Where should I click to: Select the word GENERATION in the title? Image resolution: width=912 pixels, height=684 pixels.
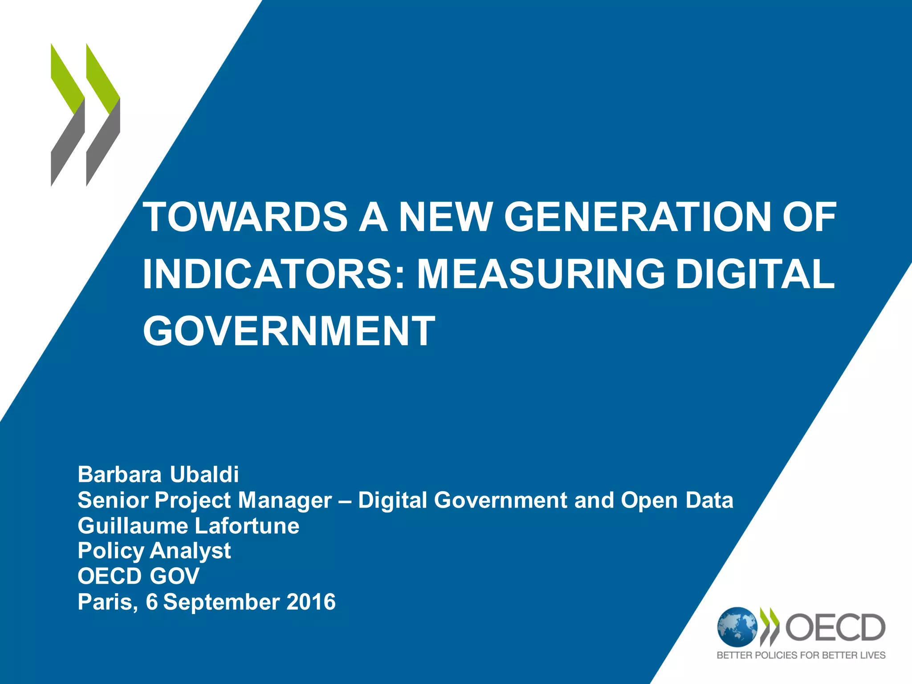pyautogui.click(x=636, y=217)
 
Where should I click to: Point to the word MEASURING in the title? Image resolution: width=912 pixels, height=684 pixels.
pyautogui.click(x=541, y=274)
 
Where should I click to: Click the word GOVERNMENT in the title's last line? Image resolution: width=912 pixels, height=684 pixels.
pyautogui.click(x=289, y=330)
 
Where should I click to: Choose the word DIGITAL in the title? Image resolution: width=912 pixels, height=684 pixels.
pyautogui.click(x=755, y=274)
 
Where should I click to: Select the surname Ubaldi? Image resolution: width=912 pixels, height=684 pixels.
pyautogui.click(x=204, y=474)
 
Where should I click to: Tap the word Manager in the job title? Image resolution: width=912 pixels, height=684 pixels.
pyautogui.click(x=285, y=500)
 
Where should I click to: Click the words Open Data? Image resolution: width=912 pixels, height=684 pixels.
pyautogui.click(x=677, y=500)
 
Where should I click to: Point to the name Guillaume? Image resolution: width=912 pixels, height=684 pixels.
pyautogui.click(x=133, y=526)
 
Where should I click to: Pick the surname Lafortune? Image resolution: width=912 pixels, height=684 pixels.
pyautogui.click(x=247, y=526)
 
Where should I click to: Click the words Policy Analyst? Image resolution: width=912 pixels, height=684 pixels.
pyautogui.click(x=154, y=551)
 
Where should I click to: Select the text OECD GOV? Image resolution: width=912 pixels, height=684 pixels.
pyautogui.click(x=138, y=576)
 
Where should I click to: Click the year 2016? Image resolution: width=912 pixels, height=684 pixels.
pyautogui.click(x=311, y=602)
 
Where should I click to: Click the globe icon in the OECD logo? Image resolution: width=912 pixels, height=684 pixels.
pyautogui.click(x=737, y=627)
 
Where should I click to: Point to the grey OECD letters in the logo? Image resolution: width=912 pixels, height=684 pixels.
pyautogui.click(x=835, y=627)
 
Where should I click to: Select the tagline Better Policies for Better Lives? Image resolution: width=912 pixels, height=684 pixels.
pyautogui.click(x=801, y=655)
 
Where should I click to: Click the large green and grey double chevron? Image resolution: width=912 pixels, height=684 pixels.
pyautogui.click(x=85, y=115)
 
